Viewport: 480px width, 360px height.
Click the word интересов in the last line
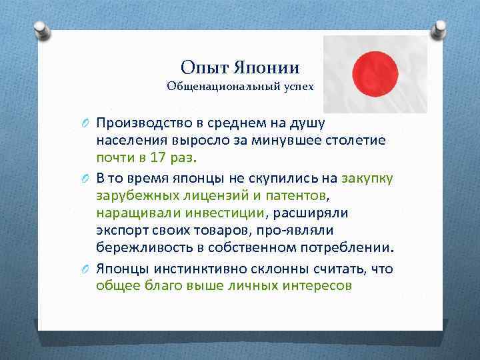pyautogui.click(x=315, y=285)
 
